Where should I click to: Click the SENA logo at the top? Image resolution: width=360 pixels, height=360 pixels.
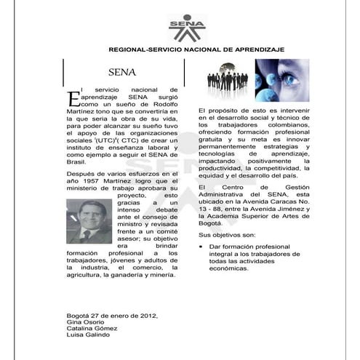click(187, 28)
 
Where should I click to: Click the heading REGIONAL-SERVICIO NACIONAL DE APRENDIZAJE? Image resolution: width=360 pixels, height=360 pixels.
click(196, 49)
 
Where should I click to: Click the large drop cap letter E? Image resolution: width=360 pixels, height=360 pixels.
click(72, 98)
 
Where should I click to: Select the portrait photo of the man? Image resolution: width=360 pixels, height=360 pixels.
click(89, 221)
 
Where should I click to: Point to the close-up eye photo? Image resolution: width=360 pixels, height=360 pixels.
click(282, 79)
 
